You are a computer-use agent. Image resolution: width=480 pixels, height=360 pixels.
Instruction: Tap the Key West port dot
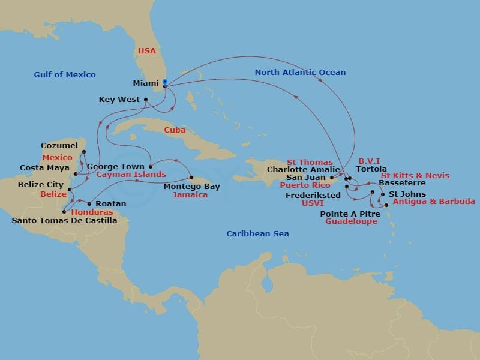(146, 100)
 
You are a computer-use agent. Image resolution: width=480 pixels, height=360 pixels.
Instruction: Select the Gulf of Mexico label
(65, 75)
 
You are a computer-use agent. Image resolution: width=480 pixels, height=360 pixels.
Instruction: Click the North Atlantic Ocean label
(300, 73)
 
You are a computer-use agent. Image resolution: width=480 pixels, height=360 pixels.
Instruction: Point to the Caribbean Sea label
(257, 234)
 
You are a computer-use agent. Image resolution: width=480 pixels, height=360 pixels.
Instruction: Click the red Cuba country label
(175, 130)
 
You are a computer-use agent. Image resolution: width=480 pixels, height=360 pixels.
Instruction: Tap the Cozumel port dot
(84, 152)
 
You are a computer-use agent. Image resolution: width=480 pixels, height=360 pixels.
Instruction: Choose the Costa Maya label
(45, 168)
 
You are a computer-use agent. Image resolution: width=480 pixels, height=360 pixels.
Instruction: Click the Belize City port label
(40, 185)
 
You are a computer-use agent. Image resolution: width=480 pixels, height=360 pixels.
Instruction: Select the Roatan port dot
(89, 204)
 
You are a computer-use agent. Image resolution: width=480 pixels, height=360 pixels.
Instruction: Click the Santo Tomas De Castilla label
(65, 221)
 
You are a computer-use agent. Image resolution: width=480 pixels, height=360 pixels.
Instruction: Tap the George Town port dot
(150, 166)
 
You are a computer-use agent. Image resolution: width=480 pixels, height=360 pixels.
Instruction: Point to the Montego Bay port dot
(191, 178)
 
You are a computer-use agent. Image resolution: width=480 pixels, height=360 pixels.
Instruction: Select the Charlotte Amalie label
(303, 170)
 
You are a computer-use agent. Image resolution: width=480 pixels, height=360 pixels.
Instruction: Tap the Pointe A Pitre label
(349, 214)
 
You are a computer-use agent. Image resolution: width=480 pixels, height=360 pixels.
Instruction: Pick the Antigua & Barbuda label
(434, 202)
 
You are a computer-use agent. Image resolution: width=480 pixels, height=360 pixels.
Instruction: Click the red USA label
(147, 51)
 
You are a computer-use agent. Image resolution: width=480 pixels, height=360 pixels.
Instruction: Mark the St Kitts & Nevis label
(415, 176)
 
